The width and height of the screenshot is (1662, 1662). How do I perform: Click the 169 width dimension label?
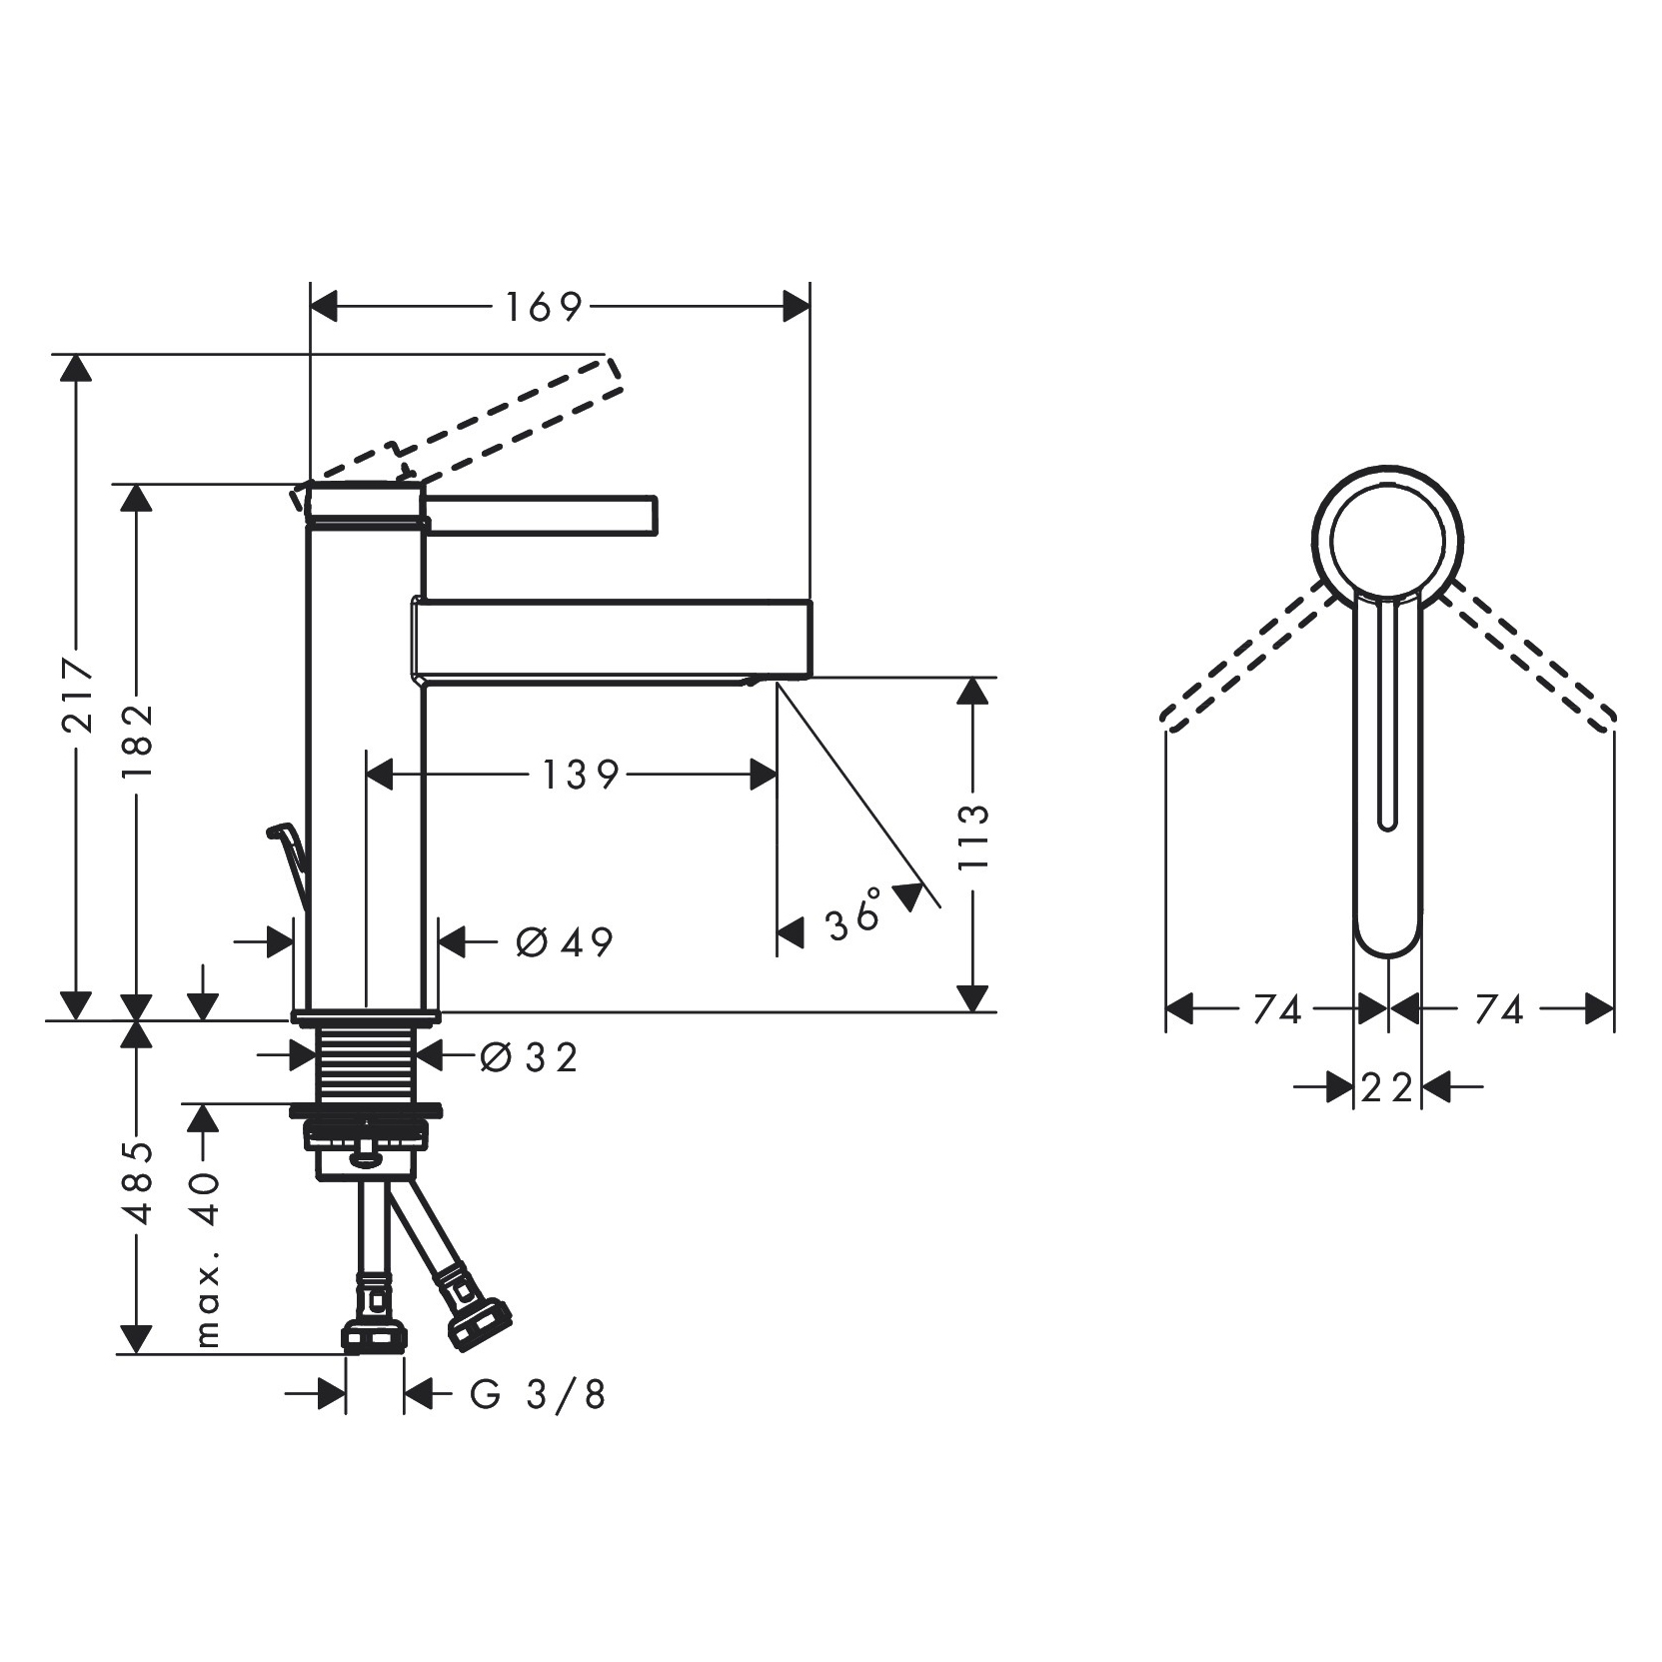543,307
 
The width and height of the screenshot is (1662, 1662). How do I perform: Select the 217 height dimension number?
78,695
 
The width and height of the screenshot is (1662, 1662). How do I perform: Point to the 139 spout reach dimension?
581,774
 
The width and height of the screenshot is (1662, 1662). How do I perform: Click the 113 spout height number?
971,835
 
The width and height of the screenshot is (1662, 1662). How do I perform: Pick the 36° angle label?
855,912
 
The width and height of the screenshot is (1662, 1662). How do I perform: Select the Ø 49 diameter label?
564,940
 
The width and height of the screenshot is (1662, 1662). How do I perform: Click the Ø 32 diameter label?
528,1056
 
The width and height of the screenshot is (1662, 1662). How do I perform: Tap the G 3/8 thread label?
538,1394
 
